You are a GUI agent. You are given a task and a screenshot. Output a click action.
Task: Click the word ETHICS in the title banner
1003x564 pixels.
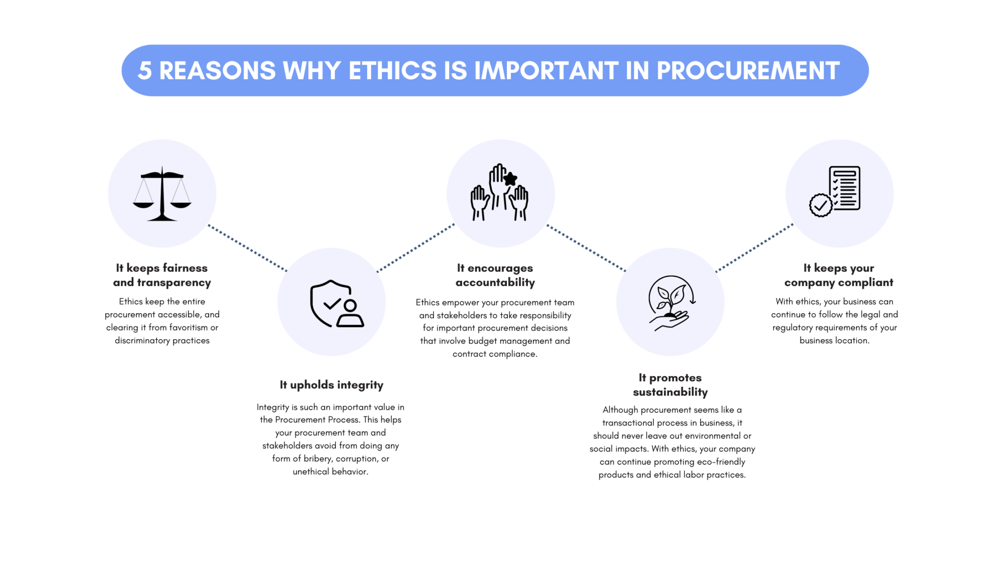click(x=393, y=70)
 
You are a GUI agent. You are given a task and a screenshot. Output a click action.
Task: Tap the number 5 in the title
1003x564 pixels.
click(x=144, y=70)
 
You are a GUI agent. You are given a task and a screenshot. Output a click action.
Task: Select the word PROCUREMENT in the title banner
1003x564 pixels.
click(x=748, y=70)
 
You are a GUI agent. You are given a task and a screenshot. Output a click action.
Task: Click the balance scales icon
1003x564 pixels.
click(x=162, y=194)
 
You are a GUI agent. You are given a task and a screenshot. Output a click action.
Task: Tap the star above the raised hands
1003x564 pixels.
click(x=510, y=179)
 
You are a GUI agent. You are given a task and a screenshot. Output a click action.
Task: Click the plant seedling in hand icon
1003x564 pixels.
click(x=670, y=303)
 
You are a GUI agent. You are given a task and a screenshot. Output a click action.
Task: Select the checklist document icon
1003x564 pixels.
click(x=844, y=188)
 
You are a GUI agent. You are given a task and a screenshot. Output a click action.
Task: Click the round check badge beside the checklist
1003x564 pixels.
click(x=821, y=205)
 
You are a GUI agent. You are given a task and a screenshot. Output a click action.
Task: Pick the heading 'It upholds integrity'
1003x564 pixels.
click(x=332, y=385)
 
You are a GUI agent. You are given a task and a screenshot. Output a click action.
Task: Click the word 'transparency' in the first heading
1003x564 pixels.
click(x=174, y=282)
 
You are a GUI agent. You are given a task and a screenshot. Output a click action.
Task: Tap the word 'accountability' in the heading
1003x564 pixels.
click(x=495, y=282)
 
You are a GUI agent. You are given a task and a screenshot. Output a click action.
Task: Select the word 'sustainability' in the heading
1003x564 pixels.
click(x=670, y=392)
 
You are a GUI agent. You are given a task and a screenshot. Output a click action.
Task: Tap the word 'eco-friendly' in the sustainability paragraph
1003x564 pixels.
click(x=721, y=462)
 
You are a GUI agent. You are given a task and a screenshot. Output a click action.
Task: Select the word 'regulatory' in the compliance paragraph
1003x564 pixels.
click(x=795, y=328)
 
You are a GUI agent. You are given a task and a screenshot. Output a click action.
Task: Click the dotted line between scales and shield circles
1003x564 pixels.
click(x=247, y=248)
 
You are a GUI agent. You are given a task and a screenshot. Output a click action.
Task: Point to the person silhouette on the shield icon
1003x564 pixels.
click(x=350, y=314)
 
